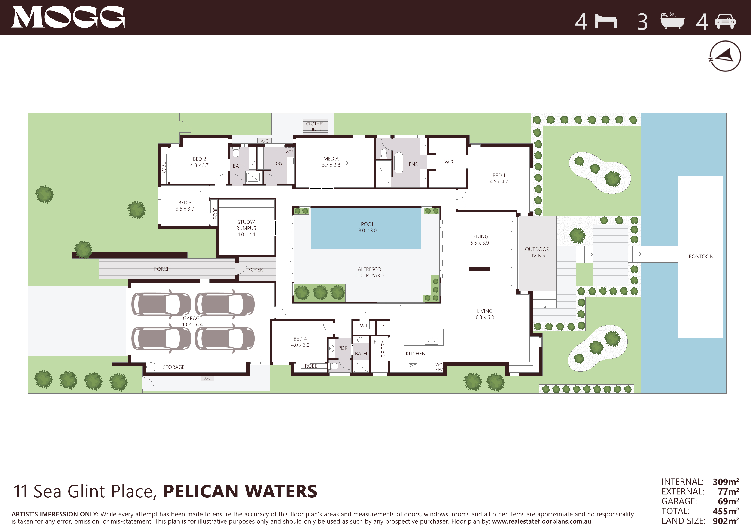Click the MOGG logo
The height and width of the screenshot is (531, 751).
point(68,17)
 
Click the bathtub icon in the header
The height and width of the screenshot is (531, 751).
point(672,21)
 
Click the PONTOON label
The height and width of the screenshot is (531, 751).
point(701,257)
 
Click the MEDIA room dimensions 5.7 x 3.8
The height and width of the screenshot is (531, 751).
point(331,165)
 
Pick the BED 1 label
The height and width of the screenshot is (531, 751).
point(499,176)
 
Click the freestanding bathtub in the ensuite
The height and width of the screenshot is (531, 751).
point(398,162)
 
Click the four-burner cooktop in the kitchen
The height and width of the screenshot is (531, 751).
point(413,367)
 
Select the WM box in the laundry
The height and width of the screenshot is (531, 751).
point(289,152)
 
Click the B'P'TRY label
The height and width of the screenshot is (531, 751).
point(383,349)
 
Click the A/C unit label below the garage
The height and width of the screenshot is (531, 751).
point(207,378)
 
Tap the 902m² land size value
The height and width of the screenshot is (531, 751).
point(726,521)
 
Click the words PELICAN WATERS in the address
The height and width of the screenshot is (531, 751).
point(240,491)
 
